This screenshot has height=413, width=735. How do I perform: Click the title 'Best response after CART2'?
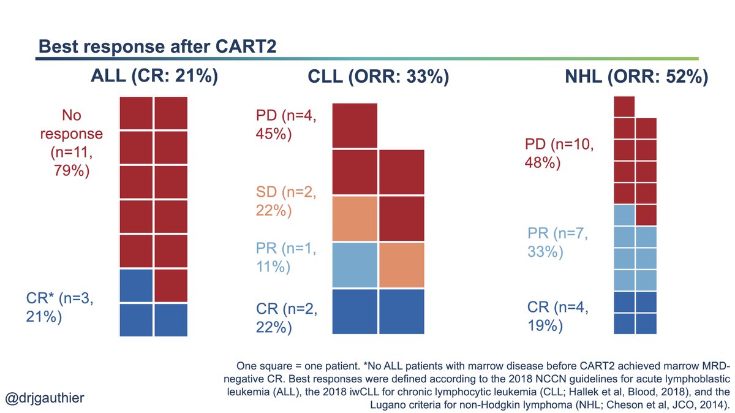[x=160, y=47]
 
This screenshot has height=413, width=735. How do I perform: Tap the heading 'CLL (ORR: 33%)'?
[x=378, y=78]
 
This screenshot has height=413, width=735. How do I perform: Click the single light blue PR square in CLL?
[x=355, y=265]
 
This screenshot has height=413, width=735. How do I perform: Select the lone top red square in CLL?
[x=355, y=126]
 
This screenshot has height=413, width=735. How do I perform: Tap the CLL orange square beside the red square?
[x=355, y=219]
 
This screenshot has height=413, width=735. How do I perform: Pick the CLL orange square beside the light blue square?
[x=402, y=265]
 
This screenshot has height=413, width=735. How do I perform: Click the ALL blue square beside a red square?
[x=135, y=286]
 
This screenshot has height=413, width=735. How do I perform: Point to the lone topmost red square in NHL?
[x=624, y=107]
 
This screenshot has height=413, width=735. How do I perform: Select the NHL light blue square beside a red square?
[x=624, y=215]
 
